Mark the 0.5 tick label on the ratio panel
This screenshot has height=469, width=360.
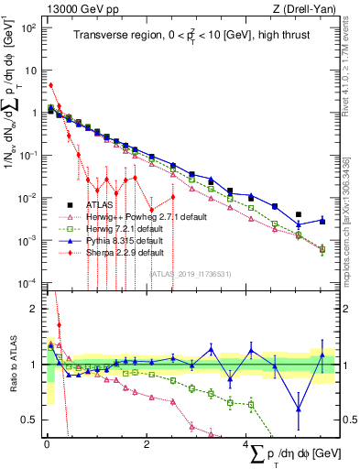tap(29, 420)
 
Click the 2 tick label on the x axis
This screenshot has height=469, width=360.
tap(147, 444)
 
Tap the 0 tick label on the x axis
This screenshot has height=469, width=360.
tap(47, 444)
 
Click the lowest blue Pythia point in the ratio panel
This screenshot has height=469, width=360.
tap(299, 409)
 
